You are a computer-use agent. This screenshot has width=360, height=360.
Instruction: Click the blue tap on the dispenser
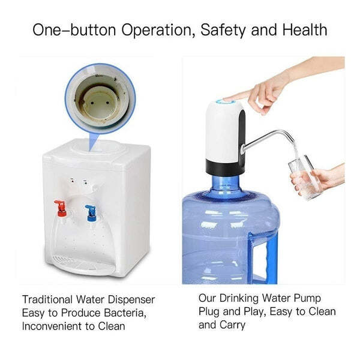coord(90,212)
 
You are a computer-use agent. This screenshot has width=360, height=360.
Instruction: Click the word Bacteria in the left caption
coord(126,312)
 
